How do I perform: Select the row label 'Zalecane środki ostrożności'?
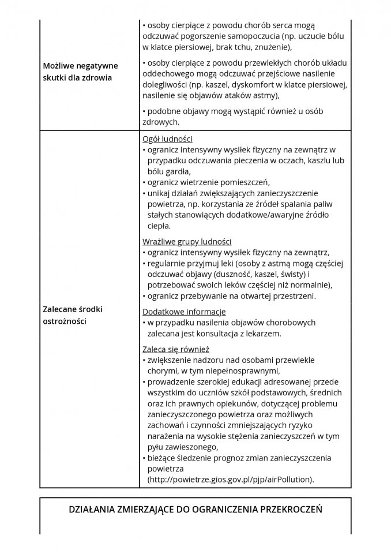tap(73, 315)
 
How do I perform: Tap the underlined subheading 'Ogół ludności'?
tap(167, 139)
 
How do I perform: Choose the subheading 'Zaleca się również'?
tap(175, 349)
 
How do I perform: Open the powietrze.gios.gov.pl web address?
tap(231, 480)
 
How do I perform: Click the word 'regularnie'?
tap(168, 263)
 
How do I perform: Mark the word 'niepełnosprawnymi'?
tap(244, 370)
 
